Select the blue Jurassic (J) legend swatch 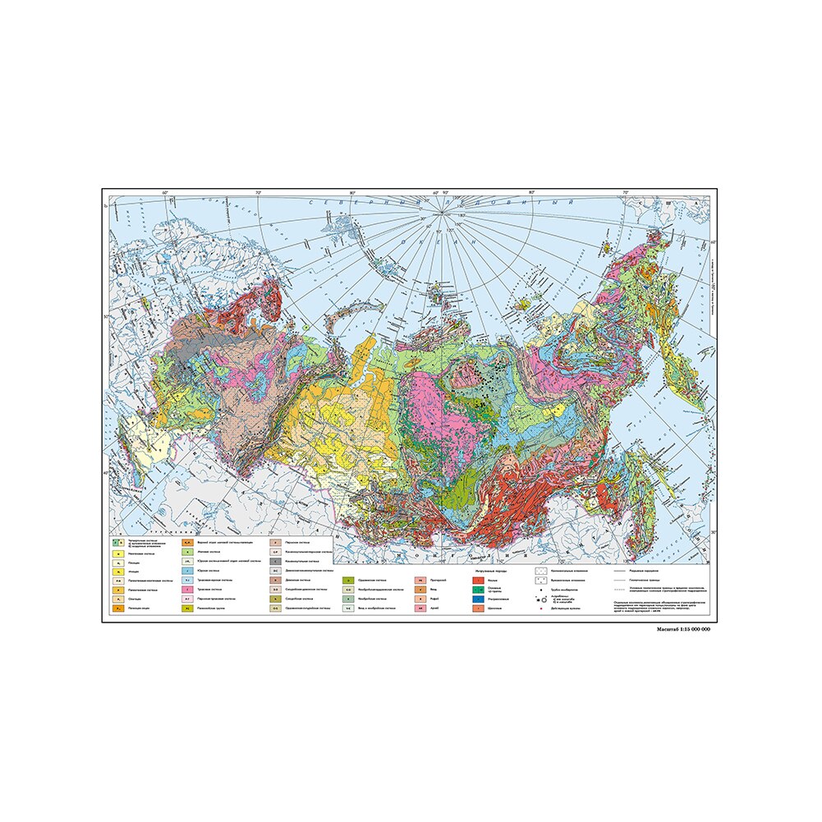coord(188,570)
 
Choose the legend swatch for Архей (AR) coord(420,609)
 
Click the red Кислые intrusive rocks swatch coord(477,581)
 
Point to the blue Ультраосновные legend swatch coord(477,600)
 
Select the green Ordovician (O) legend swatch coord(348,581)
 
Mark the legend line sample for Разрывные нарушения coord(622,570)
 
